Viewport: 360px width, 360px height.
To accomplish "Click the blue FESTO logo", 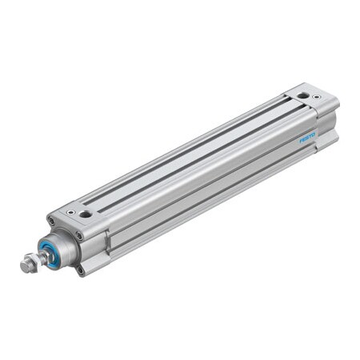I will pos(308,137).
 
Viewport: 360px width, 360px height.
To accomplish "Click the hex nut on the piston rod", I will pos(30,260).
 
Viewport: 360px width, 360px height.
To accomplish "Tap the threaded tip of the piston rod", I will pos(22,265).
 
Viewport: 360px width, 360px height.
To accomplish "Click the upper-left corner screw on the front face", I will pos(51,221).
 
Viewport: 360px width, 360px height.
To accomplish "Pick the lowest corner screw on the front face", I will pos(80,270).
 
